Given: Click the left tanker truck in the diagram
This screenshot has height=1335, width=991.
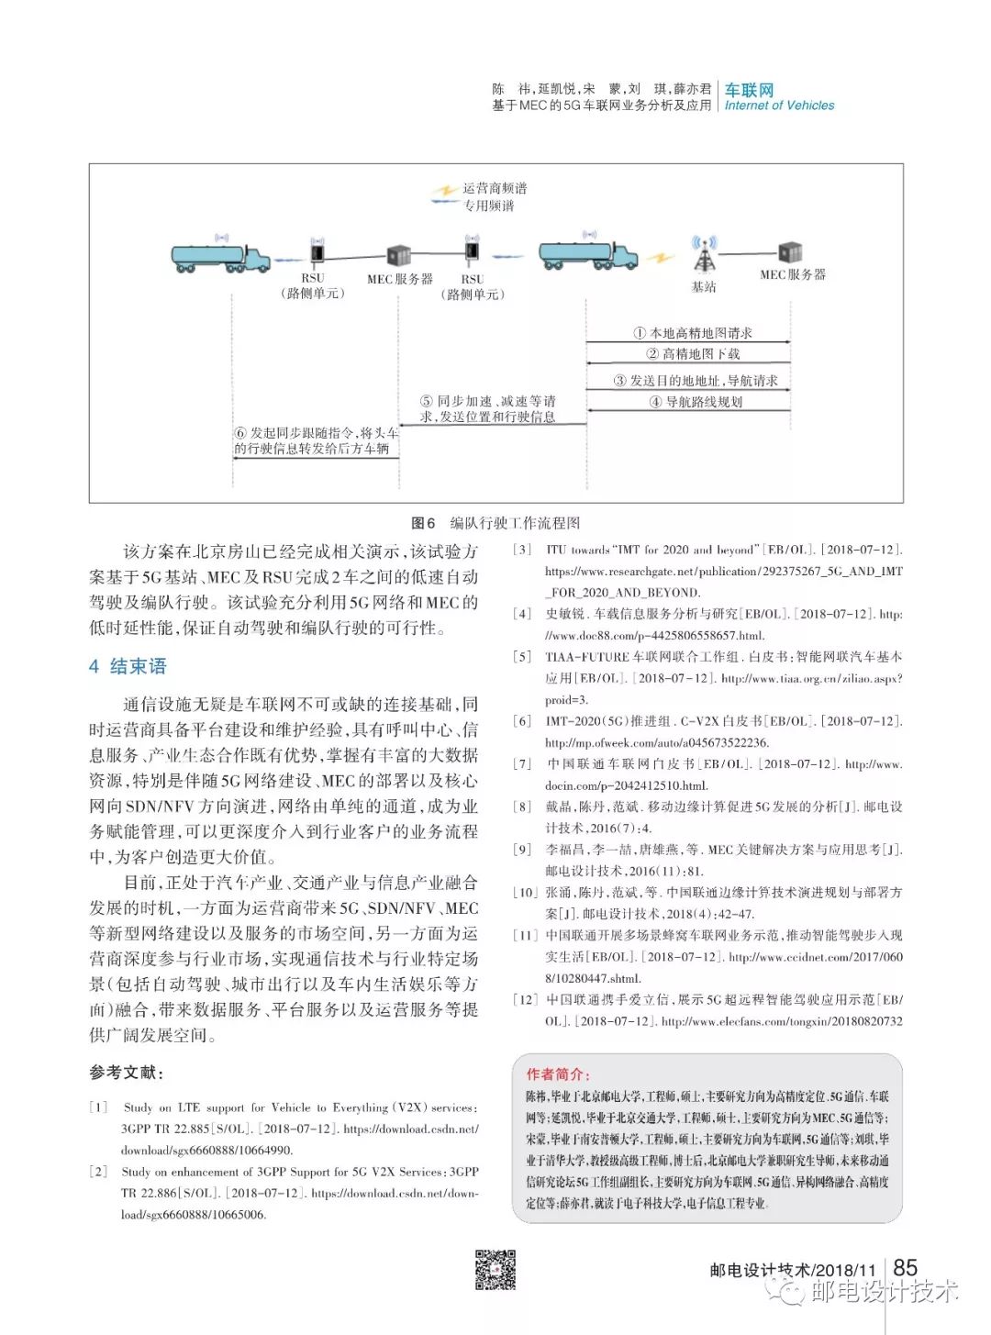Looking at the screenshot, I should [220, 256].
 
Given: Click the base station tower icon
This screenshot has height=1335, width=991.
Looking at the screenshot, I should [704, 255].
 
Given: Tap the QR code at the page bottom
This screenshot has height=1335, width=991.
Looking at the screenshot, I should [495, 1270].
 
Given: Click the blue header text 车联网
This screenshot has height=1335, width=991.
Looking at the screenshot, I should [749, 90].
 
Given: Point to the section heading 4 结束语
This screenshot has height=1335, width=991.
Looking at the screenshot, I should [128, 666].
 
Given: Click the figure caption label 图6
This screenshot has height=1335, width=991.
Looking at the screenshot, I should [423, 523].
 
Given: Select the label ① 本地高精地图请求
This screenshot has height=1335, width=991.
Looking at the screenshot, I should [693, 333].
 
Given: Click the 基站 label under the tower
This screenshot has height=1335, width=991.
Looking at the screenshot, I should [704, 287].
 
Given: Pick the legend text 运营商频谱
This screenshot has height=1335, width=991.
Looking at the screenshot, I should [495, 188].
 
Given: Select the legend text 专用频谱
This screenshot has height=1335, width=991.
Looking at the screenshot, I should [489, 206].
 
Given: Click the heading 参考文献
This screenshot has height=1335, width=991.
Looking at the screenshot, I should [127, 1072].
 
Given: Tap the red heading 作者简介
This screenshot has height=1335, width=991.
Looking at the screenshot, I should [558, 1074].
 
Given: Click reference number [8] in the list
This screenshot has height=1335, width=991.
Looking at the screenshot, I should [522, 807].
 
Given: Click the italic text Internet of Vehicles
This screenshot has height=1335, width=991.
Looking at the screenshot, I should [779, 106].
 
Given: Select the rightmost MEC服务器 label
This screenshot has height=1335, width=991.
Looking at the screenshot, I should [793, 274].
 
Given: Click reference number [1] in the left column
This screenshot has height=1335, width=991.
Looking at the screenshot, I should [98, 1107].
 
